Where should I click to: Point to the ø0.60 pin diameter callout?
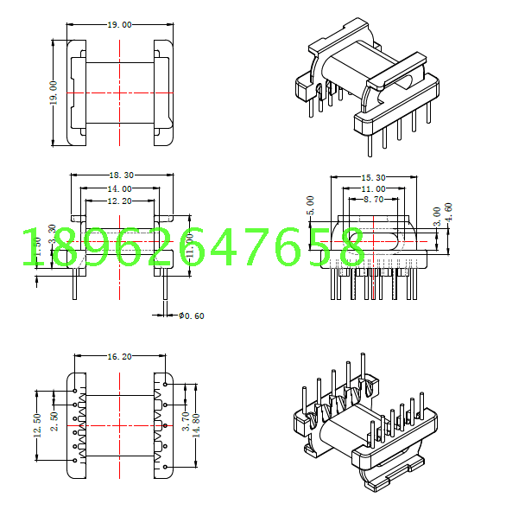click(191, 316)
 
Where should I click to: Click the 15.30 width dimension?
click(373, 178)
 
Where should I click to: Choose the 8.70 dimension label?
click(373, 200)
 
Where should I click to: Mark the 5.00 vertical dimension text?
click(311, 206)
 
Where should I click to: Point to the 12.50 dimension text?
click(37, 425)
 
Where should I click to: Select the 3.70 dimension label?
click(185, 421)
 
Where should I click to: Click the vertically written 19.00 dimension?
click(54, 93)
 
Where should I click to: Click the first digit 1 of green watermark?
click(29, 248)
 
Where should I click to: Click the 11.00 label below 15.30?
click(373, 188)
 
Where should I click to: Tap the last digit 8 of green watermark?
click(351, 248)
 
